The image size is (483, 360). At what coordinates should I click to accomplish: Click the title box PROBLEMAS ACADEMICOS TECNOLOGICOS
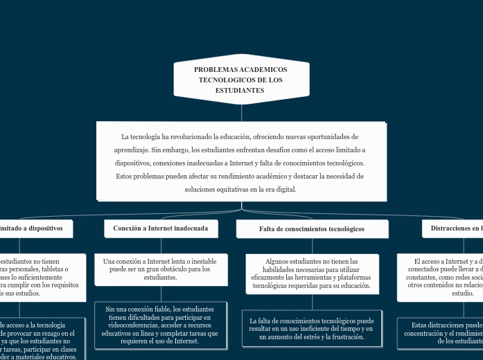coord(240,80)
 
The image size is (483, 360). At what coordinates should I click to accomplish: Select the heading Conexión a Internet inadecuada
coord(161,228)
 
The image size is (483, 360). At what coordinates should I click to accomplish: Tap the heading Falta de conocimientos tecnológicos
coord(311,228)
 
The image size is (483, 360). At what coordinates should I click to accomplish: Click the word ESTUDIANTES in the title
coord(240,91)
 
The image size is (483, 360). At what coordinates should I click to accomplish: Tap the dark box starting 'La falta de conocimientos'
coord(311,329)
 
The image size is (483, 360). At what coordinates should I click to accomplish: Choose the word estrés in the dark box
coord(306,337)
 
